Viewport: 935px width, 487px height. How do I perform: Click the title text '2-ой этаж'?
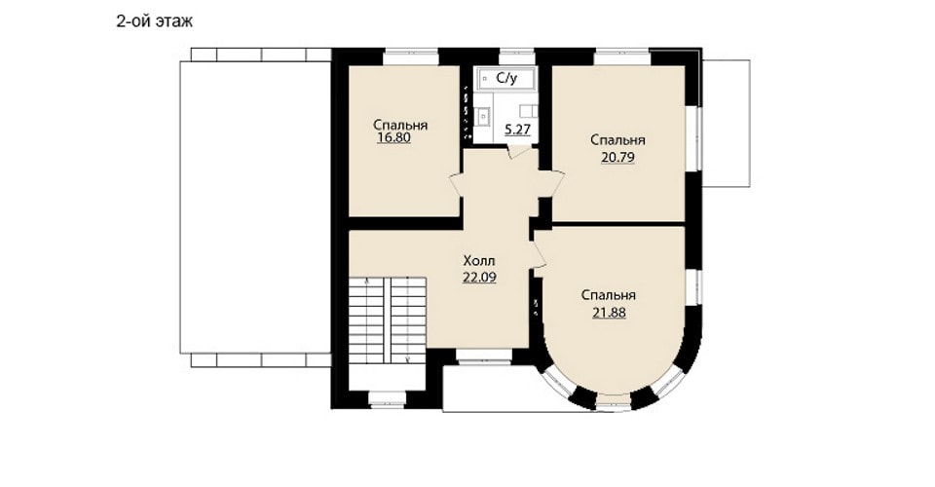155,22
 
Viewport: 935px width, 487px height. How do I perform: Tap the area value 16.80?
394,138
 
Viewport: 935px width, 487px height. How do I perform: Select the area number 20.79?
617,158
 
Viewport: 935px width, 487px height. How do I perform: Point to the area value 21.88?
609,313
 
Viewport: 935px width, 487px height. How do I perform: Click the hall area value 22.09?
479,278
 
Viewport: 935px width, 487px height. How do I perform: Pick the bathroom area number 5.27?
517,130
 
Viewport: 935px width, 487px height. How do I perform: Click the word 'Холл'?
479,261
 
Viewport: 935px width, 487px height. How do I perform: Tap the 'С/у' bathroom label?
506,78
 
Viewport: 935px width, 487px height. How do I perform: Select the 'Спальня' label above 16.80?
400,126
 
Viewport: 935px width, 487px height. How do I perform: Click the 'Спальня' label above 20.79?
617,140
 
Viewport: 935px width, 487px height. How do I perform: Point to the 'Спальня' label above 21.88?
609,296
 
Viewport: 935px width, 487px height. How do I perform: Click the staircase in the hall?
387,320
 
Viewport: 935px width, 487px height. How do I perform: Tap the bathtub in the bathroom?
505,79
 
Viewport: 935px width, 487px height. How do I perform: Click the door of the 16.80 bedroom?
456,184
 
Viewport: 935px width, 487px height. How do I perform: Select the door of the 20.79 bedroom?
552,183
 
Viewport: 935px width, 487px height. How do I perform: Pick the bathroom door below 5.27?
519,151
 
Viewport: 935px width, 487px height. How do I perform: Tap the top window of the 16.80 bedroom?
411,56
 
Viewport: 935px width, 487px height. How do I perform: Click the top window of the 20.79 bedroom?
621,56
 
